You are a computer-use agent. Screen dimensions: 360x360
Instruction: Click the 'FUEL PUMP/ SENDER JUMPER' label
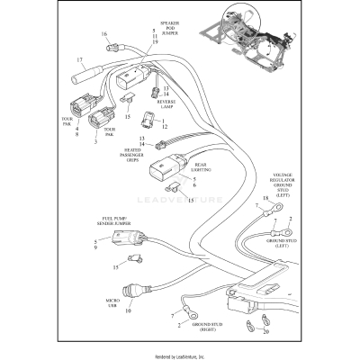point(104,221)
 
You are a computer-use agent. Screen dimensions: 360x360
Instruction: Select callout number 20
point(265,330)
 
